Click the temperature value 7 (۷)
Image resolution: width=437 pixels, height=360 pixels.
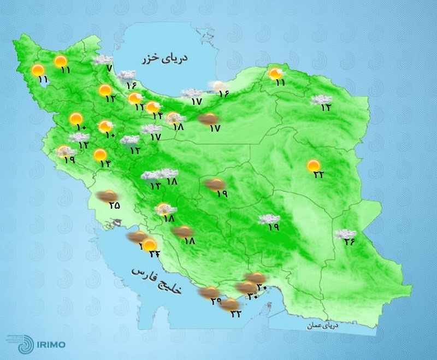[x=109, y=69]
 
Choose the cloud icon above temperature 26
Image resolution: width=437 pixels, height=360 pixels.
[x=345, y=234]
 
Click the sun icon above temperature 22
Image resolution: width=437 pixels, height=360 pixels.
[x=314, y=166]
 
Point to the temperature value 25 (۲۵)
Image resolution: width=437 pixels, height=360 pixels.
[x=114, y=205]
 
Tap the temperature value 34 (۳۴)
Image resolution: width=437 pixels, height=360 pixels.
[x=153, y=253]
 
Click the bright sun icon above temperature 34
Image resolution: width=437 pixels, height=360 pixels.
[x=149, y=245]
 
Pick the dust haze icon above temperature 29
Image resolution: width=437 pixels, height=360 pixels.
[x=208, y=293]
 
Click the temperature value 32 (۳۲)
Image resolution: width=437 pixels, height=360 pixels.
[x=236, y=312]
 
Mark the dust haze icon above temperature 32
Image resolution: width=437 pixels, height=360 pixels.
[x=229, y=304]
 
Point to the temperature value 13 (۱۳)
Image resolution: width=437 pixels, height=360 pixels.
[x=155, y=186]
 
